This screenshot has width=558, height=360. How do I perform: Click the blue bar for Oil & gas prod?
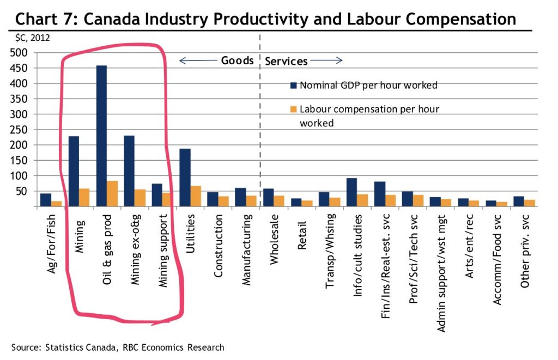coord(101,136)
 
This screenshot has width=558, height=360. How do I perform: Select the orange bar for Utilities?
coord(195,196)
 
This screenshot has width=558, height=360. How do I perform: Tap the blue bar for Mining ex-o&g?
coord(129,171)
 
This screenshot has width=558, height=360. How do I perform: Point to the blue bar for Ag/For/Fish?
coord(45,200)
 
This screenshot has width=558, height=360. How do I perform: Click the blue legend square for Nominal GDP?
coord(293,86)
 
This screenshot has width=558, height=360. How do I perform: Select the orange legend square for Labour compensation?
coord(293,109)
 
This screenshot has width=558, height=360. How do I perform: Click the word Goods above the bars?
coord(237,60)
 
